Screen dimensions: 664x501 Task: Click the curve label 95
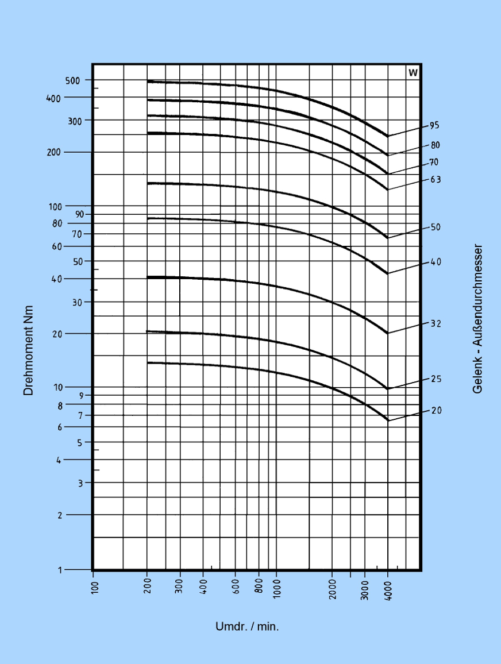coord(434,126)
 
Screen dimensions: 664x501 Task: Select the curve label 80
coord(436,145)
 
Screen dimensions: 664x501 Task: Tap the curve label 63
coord(436,180)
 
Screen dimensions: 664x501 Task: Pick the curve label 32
coord(436,324)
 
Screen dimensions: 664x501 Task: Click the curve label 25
coord(436,379)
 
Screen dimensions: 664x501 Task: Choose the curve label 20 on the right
coord(436,411)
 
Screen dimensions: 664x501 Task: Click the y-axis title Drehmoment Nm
coord(28,350)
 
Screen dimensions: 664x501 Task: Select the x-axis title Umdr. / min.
coord(247,627)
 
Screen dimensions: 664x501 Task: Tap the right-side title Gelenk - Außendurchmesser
coord(477,319)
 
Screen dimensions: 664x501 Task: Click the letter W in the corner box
coord(413,72)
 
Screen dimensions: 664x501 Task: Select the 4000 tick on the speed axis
coord(388,591)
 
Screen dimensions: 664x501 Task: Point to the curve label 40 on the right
coord(436,262)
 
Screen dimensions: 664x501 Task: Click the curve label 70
coord(434,163)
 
